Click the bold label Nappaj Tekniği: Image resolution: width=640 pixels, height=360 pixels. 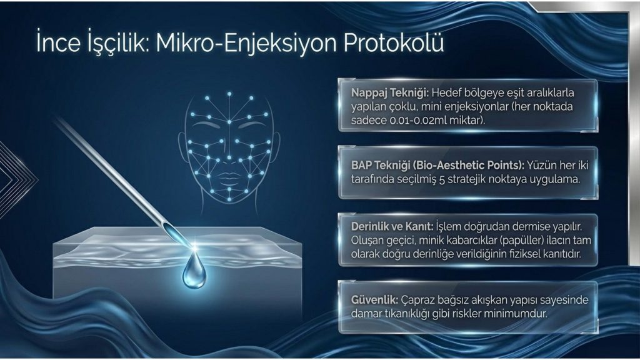(x=390, y=93)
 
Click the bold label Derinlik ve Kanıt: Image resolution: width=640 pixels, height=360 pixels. (x=392, y=226)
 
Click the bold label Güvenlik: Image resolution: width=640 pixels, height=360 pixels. (x=374, y=300)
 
